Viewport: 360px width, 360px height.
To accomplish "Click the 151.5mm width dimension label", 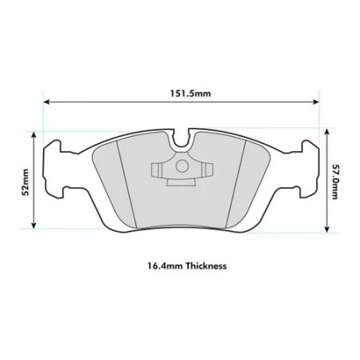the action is (190, 94).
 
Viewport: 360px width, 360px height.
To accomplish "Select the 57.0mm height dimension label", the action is (334, 182).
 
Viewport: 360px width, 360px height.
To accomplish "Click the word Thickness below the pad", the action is (206, 266).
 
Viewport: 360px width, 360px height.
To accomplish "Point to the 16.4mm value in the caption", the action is (166, 266).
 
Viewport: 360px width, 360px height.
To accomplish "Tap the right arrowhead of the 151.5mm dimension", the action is (316, 102).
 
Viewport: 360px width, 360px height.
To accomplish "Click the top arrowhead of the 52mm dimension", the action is (34, 134).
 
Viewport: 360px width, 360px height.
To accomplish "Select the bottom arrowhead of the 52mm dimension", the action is (34, 226).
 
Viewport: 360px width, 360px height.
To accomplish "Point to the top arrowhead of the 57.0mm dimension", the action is (327, 131).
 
